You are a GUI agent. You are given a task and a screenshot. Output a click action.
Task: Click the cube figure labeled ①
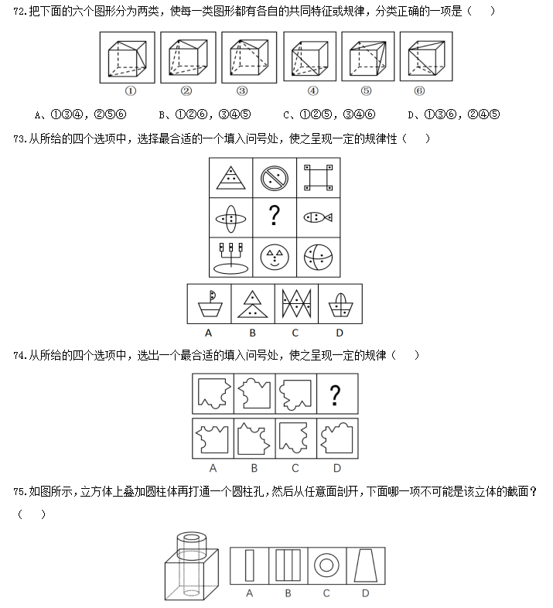tap(127, 57)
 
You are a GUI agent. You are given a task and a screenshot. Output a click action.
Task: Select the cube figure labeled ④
tap(310, 57)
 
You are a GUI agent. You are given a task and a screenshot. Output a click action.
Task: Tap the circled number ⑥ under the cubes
tap(419, 91)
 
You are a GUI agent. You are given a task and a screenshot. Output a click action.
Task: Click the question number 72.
tap(20, 12)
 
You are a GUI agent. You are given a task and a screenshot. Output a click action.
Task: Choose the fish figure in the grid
tap(318, 217)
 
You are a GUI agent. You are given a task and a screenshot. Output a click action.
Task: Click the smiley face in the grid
tap(275, 257)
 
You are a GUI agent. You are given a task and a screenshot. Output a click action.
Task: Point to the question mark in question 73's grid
tap(274, 216)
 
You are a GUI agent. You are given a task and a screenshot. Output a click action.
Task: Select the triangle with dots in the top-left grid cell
tap(230, 178)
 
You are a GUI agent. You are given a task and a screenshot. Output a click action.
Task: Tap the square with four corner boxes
tap(318, 178)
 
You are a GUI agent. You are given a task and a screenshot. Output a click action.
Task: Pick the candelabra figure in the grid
tap(231, 258)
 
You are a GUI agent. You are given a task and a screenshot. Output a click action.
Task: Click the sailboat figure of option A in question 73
tap(210, 304)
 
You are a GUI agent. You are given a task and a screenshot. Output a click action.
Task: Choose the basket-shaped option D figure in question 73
tap(340, 305)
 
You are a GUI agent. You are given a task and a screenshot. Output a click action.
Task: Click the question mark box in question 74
tap(337, 394)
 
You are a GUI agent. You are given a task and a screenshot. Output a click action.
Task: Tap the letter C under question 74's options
tap(295, 469)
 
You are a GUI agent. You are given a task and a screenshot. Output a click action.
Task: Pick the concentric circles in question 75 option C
tap(326, 565)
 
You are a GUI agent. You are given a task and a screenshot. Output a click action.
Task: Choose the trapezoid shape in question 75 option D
tap(366, 565)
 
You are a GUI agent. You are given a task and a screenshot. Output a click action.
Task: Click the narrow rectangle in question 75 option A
tap(249, 565)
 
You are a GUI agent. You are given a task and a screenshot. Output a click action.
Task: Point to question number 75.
tap(20, 492)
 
